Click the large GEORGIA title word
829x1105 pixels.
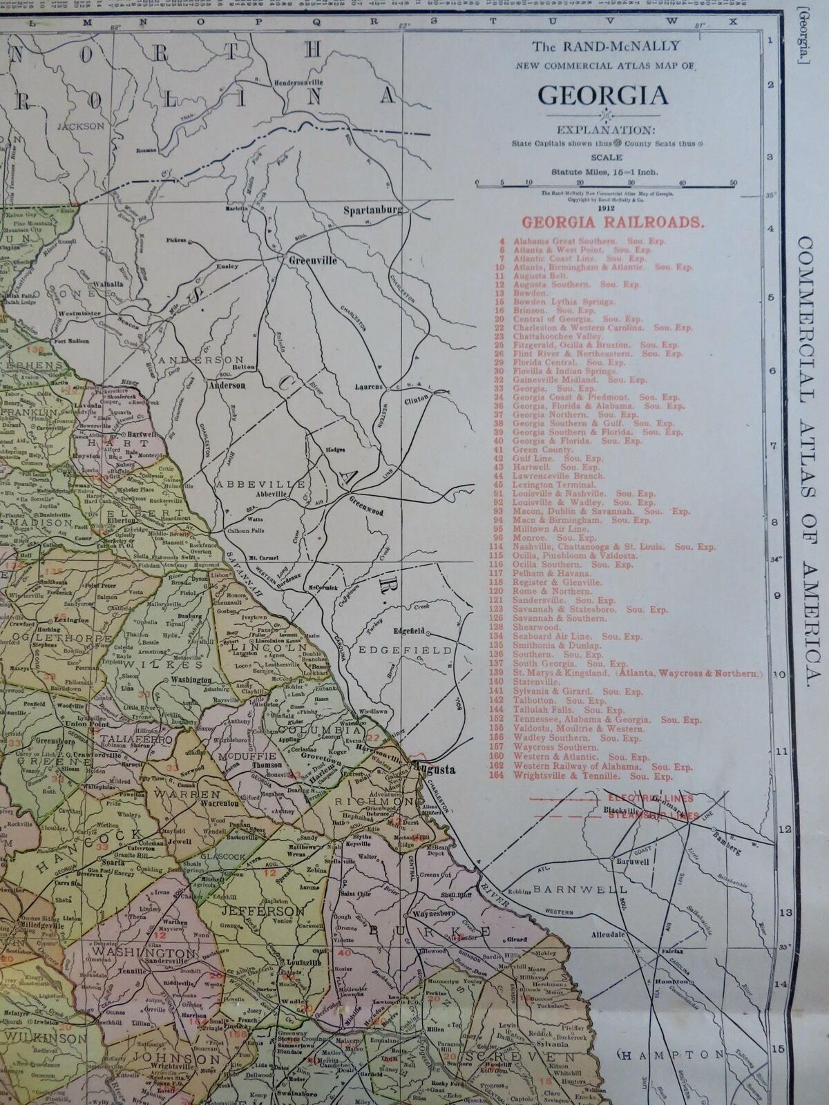coord(603,94)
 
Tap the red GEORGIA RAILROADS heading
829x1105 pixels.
coord(613,222)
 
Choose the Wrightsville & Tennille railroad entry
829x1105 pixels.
coord(592,776)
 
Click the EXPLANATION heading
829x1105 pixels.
coord(603,128)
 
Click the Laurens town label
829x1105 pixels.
coord(368,387)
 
